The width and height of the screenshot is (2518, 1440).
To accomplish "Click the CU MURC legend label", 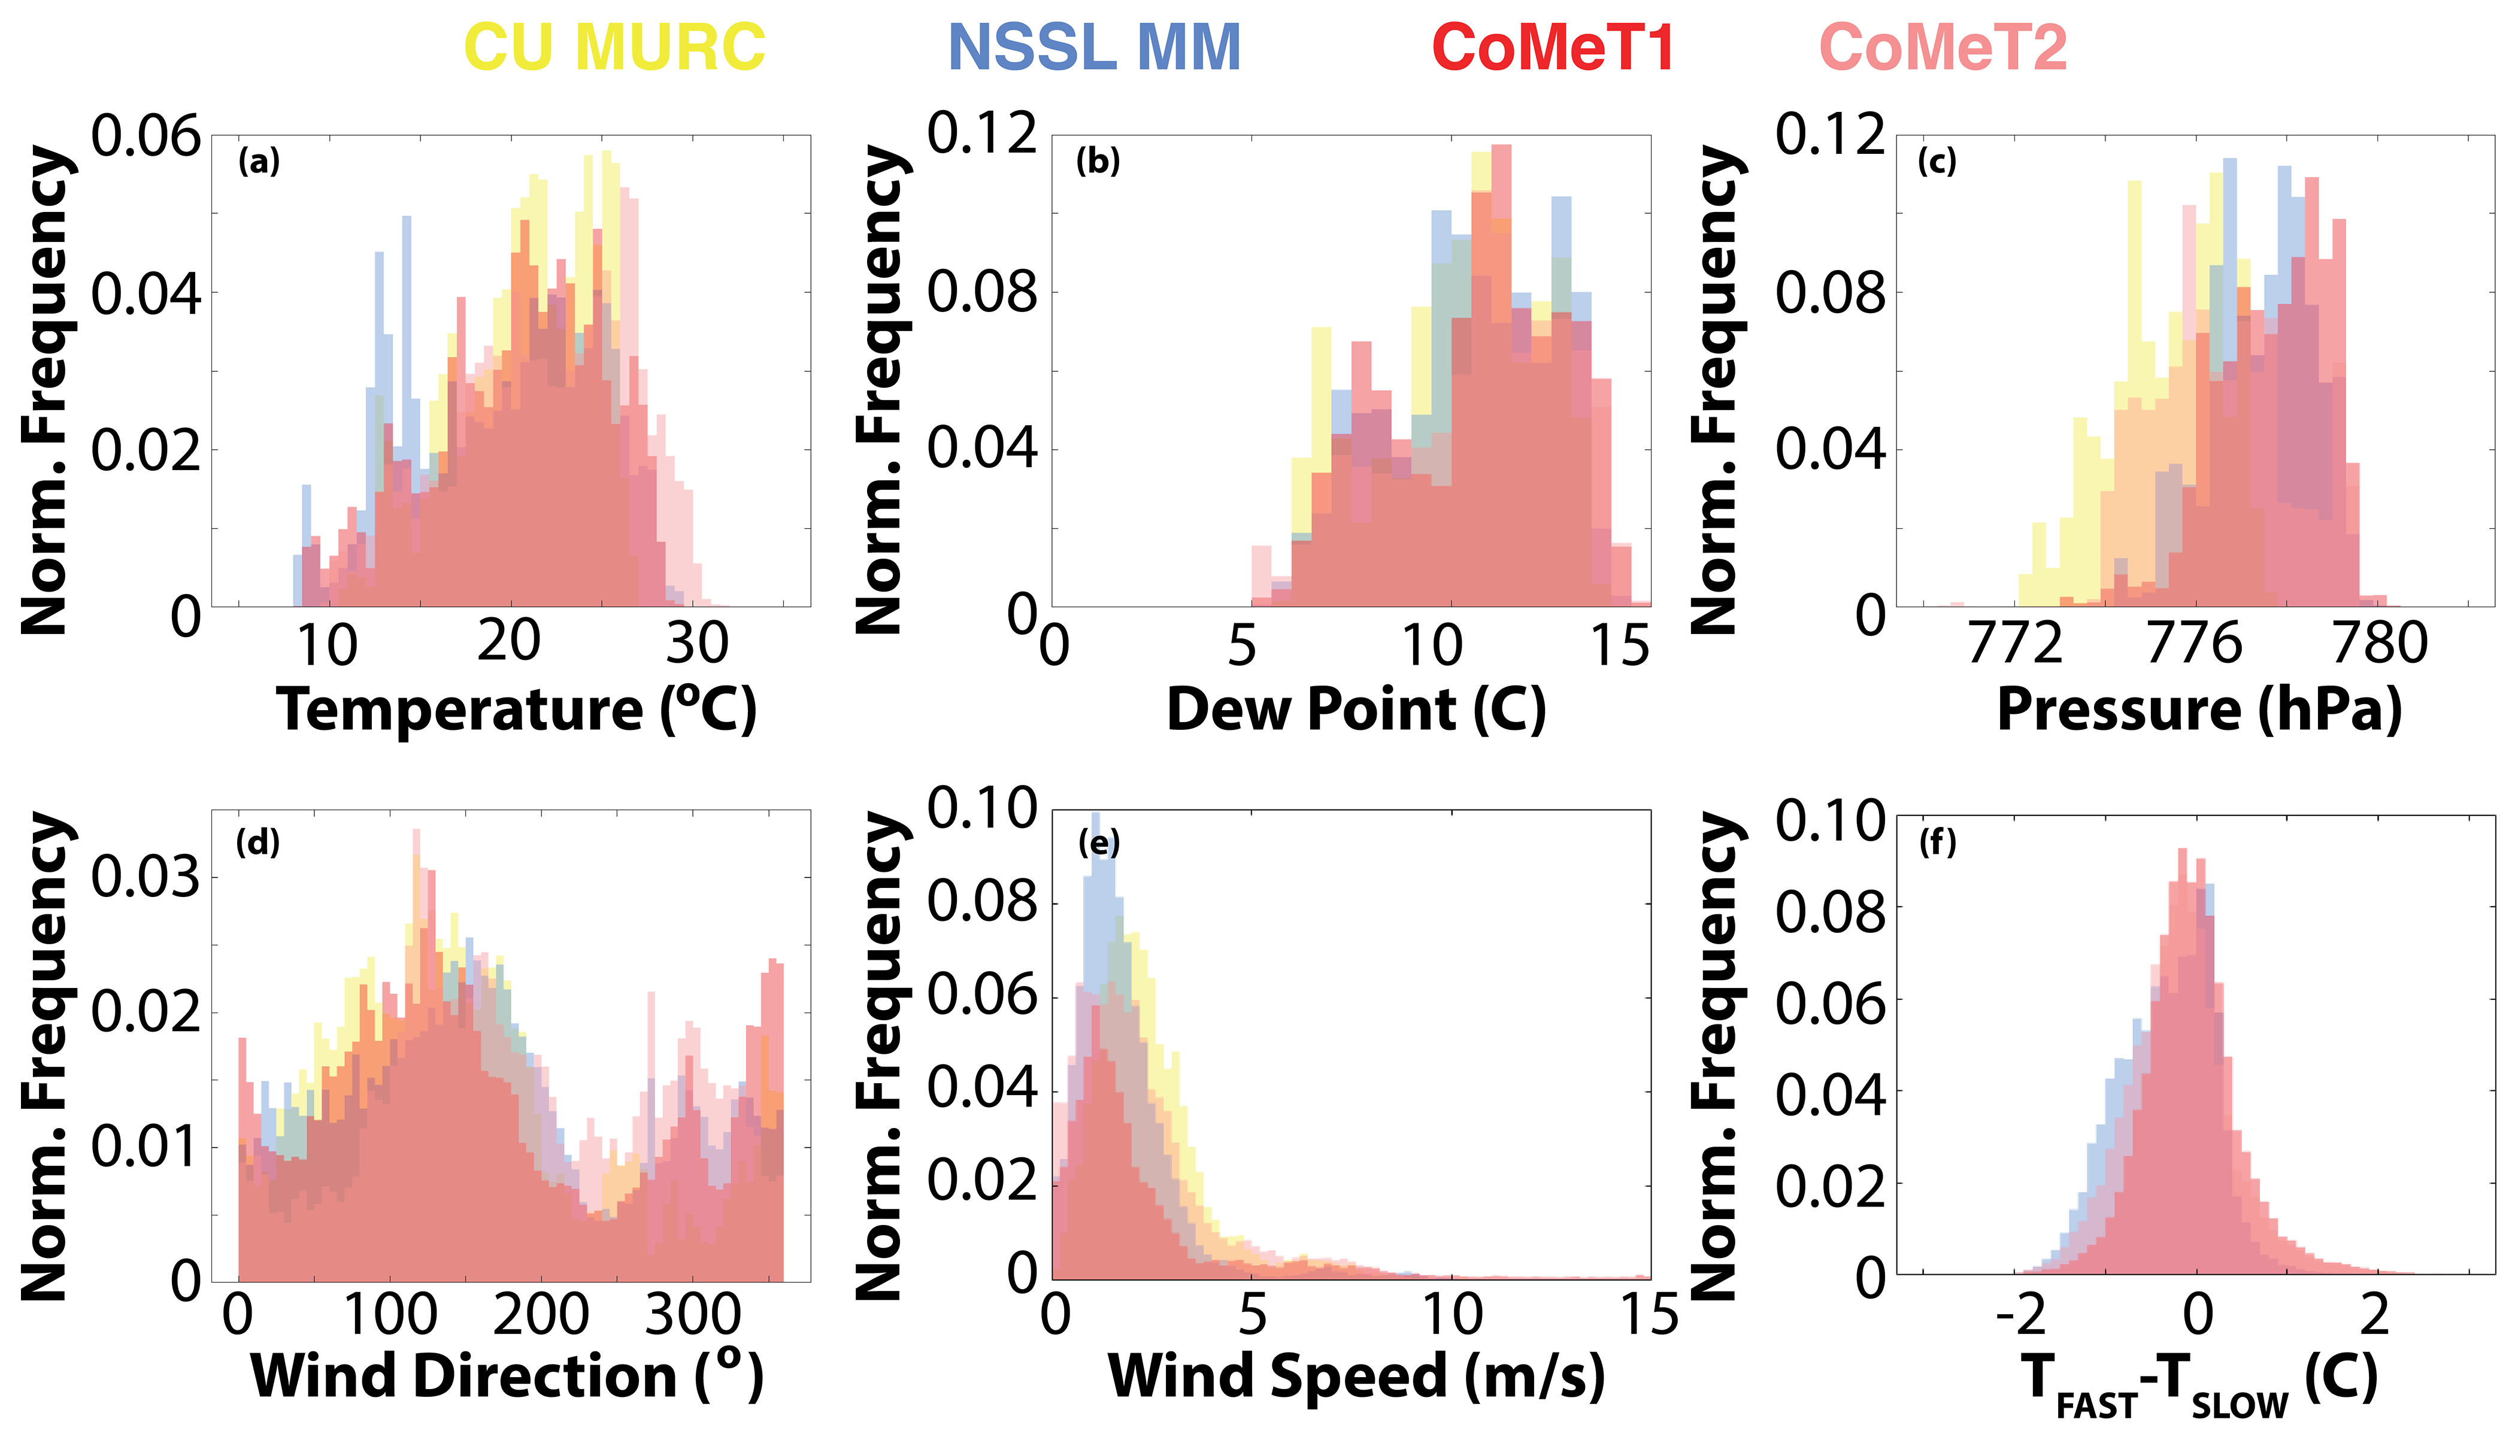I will (614, 47).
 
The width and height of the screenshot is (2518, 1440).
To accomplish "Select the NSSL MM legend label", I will (1094, 47).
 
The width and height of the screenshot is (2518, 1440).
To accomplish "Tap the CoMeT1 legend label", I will (1553, 47).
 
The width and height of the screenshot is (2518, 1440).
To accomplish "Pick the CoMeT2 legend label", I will (1943, 47).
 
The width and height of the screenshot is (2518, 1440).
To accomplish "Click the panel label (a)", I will (259, 160).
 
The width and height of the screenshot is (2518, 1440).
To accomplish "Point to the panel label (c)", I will (1937, 160).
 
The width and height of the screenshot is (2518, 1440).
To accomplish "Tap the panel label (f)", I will (1937, 842).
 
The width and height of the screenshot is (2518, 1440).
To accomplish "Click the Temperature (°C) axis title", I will (516, 710).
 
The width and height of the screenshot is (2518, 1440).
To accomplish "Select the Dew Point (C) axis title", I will (1356, 710).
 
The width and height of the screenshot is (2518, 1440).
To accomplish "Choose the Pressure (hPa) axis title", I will (2199, 710).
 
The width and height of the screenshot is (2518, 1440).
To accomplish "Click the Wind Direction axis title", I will (507, 1376).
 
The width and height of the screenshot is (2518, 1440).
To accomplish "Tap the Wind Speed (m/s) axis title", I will (1356, 1376).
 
